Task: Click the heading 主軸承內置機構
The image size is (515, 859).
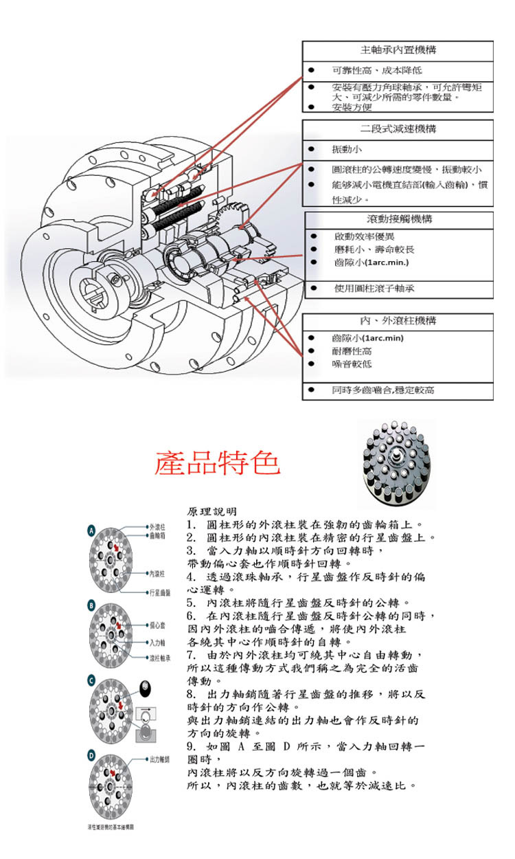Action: point(399,51)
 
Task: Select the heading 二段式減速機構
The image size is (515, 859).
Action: point(399,129)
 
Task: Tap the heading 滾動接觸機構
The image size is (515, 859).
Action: point(399,220)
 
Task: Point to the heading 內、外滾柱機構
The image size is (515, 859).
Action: point(399,321)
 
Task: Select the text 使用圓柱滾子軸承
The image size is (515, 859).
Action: point(374,289)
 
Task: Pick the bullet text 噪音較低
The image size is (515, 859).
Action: point(352,364)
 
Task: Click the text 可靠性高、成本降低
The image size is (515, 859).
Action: point(376,71)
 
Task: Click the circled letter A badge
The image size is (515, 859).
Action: point(91,531)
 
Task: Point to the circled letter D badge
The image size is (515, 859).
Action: point(91,756)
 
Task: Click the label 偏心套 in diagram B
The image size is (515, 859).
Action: point(158,626)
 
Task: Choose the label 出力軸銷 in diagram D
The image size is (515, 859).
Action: point(160,759)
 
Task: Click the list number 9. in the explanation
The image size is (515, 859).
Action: point(192,746)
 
